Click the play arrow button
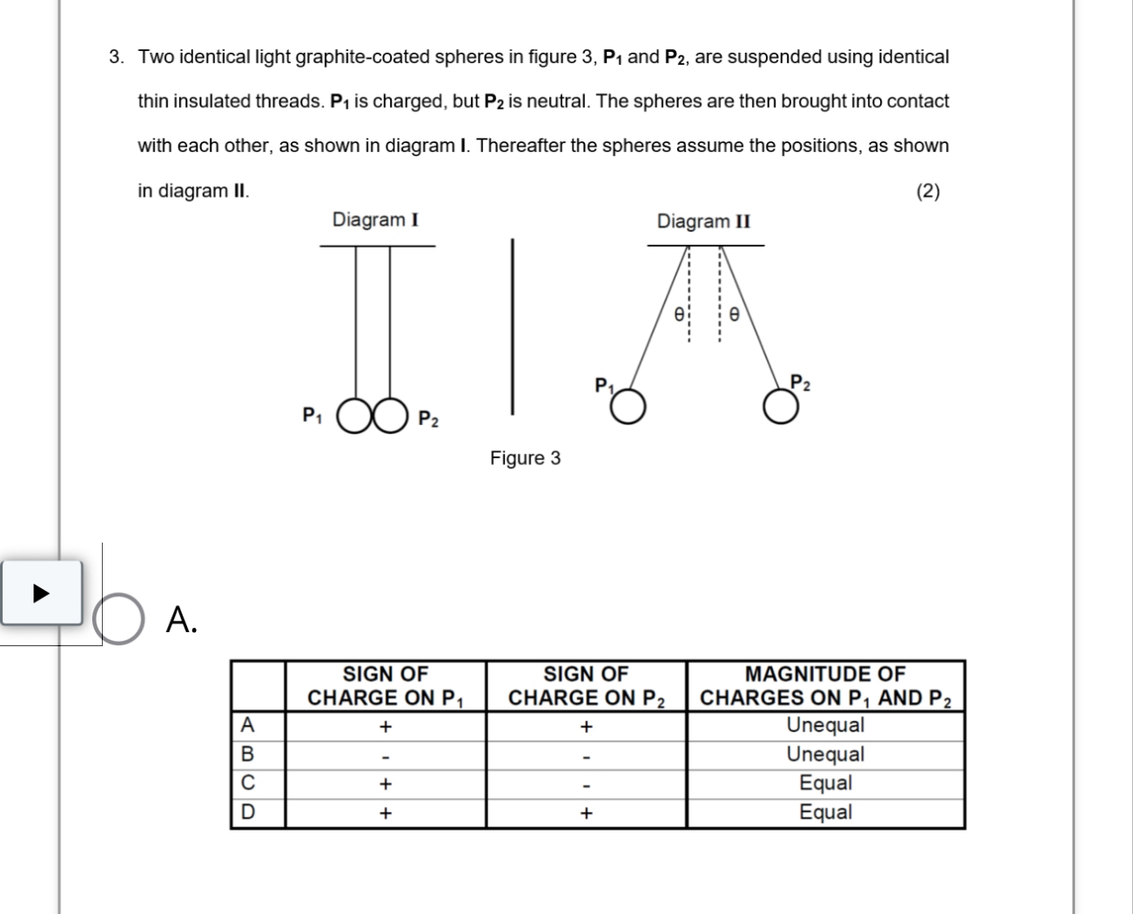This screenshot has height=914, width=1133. [40, 593]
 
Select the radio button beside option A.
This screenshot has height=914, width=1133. [119, 619]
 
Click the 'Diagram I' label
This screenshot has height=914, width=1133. [375, 220]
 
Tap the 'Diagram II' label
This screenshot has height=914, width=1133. [704, 220]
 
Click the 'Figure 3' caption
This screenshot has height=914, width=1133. [525, 458]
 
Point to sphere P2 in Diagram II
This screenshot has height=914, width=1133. [781, 407]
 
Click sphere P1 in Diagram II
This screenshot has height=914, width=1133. [629, 407]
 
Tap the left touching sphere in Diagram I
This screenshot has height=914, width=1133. [355, 418]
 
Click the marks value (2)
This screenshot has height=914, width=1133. [927, 191]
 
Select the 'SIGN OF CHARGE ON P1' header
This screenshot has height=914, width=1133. [386, 686]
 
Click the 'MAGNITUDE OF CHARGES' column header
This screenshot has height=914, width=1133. [825, 686]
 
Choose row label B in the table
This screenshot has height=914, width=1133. [248, 754]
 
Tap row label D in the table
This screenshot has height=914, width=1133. [248, 812]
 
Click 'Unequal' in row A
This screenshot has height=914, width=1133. [825, 725]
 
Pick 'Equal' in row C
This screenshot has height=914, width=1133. [825, 783]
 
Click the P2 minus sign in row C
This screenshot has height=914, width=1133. [586, 786]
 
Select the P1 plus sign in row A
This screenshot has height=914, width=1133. [385, 727]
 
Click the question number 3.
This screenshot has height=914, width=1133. [115, 57]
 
